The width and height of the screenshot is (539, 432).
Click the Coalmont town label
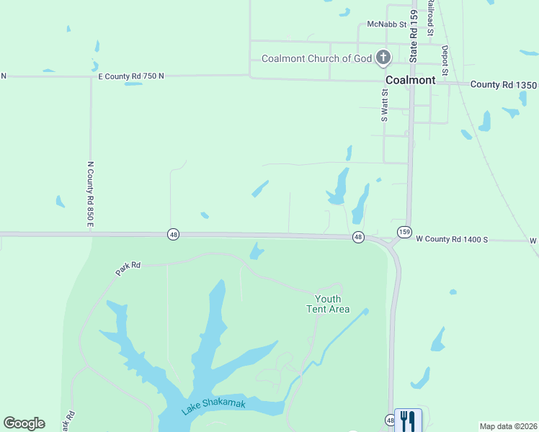point(410,81)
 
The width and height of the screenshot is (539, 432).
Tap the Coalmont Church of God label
point(316,58)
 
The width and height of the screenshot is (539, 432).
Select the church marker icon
point(384,58)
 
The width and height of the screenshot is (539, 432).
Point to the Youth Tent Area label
point(329,304)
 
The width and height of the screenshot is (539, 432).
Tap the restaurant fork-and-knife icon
point(408,420)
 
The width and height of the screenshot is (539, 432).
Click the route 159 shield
point(404,231)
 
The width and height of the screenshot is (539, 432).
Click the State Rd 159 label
point(414,35)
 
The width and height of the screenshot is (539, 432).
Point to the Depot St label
point(445,60)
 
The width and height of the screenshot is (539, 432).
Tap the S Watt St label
point(385,105)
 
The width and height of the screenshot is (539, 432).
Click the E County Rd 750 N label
point(131,76)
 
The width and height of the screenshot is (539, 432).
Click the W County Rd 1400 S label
point(453,239)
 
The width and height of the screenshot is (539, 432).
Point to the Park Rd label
point(128,269)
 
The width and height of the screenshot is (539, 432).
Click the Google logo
point(24,423)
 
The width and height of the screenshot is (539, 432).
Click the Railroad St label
point(429,18)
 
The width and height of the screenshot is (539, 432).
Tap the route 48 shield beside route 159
point(358,237)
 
